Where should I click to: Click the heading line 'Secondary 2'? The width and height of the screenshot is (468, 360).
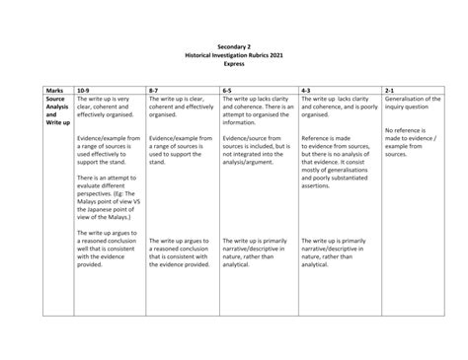coord(233,45)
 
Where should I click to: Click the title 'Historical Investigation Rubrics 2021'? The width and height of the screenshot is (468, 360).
coord(233,54)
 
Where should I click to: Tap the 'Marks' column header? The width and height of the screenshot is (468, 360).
coord(55,90)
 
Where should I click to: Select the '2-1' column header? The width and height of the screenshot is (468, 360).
coord(391,90)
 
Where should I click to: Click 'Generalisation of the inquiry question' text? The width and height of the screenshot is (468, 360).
coord(421,103)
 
